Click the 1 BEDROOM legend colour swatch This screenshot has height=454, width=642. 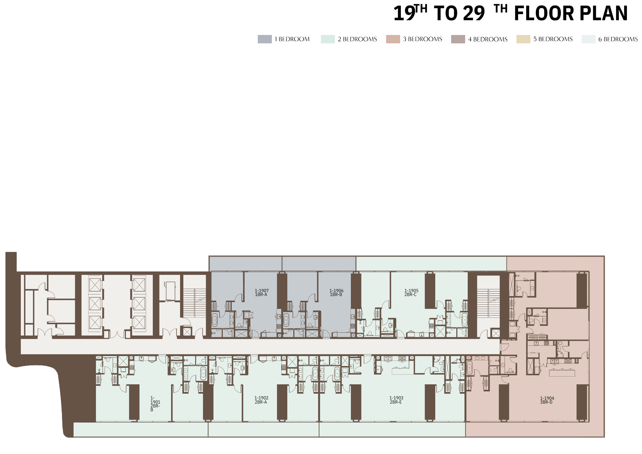click(265, 39)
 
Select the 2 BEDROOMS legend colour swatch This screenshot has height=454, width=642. click(328, 39)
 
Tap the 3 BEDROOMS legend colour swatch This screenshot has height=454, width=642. click(393, 39)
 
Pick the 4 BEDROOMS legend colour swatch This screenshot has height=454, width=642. click(458, 39)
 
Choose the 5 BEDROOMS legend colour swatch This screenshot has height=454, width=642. click(523, 39)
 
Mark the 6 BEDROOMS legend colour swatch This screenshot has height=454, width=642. click(588, 39)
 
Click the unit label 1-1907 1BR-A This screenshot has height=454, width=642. click(262, 292)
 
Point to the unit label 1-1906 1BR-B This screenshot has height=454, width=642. click(336, 292)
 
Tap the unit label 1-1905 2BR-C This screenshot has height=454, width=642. click(411, 292)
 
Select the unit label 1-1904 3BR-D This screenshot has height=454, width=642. click(547, 400)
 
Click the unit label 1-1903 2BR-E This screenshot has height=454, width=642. click(396, 400)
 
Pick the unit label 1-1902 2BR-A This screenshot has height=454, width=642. click(261, 400)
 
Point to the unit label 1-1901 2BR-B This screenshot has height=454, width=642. click(155, 404)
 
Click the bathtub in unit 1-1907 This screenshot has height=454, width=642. click(214, 320)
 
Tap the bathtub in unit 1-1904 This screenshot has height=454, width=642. click(470, 368)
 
